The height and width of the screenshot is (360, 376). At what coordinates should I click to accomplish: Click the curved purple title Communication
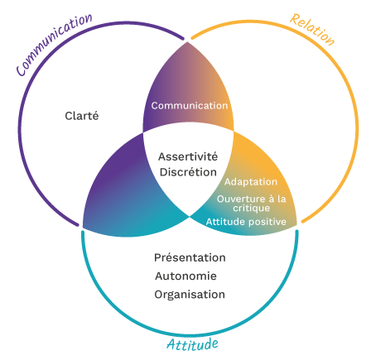click(x=52, y=43)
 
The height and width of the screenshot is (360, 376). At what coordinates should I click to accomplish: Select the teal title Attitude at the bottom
click(x=192, y=343)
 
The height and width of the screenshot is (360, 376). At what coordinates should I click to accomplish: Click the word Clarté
click(x=82, y=116)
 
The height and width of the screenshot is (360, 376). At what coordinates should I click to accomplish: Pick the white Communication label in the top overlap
click(x=189, y=106)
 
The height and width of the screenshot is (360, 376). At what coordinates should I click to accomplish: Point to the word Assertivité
click(x=188, y=156)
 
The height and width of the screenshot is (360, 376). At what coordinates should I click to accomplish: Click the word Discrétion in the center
click(x=188, y=172)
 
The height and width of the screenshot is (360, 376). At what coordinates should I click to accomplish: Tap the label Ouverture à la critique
click(x=251, y=203)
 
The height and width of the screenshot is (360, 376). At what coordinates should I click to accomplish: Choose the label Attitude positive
click(x=246, y=222)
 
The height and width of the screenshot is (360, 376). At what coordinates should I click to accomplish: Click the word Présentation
click(x=190, y=257)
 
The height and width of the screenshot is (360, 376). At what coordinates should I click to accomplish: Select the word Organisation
click(x=190, y=294)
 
